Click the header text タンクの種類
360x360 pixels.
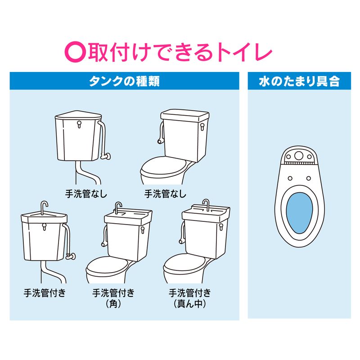(124, 81)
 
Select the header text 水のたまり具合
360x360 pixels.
(299, 81)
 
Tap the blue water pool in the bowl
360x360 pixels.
(299, 213)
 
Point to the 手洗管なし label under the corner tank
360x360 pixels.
(86, 194)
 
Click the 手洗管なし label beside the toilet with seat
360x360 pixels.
(165, 194)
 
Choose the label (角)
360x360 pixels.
(113, 304)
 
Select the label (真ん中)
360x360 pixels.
(189, 304)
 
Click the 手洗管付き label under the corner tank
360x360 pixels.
(45, 293)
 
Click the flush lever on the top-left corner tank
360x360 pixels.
(79, 124)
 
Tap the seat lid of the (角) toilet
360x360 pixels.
(107, 266)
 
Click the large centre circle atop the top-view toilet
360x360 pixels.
(299, 156)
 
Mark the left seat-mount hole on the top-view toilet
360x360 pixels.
(290, 178)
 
